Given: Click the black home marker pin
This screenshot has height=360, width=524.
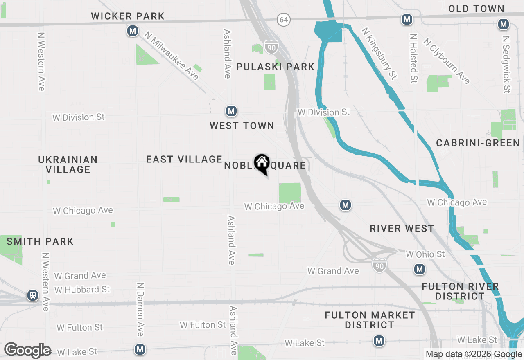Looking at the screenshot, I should (261, 164).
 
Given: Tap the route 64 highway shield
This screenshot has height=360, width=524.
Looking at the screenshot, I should (283, 19).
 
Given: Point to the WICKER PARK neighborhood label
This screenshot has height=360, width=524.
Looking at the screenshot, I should (128, 16).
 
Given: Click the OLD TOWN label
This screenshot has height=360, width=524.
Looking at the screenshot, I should (476, 9).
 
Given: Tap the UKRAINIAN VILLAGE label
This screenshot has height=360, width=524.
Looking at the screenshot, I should (68, 164).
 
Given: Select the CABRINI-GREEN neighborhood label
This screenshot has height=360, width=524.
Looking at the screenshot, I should (478, 143).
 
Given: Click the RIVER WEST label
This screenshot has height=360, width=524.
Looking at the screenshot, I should (402, 229).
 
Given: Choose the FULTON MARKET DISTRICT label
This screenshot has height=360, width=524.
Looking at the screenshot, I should (370, 320).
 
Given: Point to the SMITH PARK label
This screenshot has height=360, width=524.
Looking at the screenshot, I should (40, 241).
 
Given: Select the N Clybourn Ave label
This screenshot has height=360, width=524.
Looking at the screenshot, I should (447, 61).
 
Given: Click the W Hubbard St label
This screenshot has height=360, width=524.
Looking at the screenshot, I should (82, 290).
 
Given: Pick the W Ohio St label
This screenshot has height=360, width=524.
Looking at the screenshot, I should (425, 254).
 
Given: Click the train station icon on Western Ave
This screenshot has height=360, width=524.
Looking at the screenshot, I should (33, 295).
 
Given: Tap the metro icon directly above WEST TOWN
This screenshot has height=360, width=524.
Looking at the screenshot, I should (231, 111).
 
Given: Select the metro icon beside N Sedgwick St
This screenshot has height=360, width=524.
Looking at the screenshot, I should (504, 25).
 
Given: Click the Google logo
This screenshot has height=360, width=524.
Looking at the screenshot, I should (27, 350).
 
